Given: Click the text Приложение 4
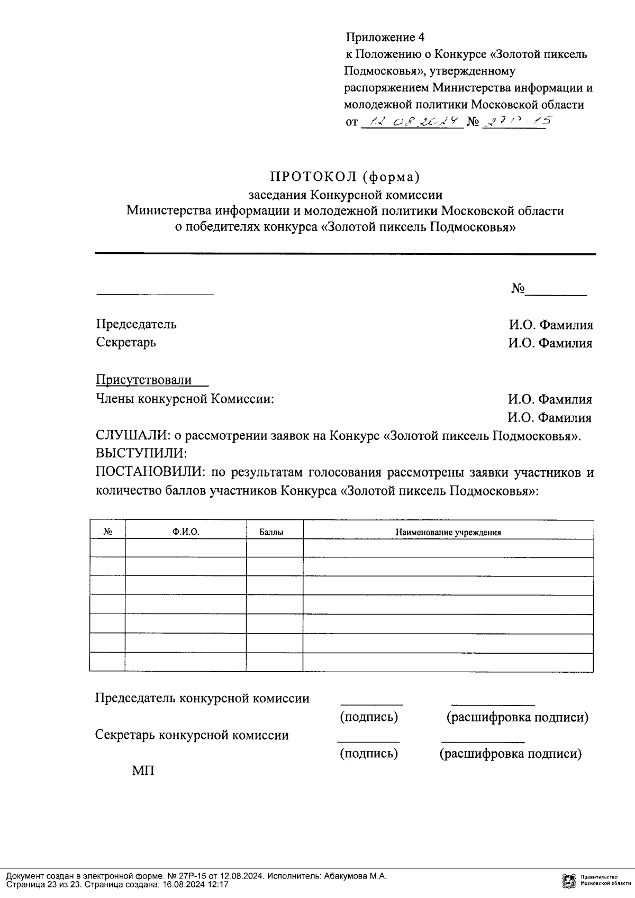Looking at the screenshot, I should (385, 37).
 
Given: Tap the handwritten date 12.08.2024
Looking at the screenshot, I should (411, 123).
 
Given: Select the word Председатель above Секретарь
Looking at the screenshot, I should (136, 324).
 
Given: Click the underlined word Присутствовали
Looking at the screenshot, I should (144, 380).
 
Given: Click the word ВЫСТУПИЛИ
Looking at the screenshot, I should (141, 454).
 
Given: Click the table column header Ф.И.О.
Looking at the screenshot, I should (186, 533).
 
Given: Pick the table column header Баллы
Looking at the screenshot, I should (271, 533).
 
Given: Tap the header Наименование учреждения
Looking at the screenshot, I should (448, 533).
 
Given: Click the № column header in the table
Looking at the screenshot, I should (107, 533).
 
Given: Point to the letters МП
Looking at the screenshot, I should (143, 771).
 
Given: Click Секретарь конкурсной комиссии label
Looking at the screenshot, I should (192, 735).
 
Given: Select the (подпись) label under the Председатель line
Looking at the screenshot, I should (369, 717).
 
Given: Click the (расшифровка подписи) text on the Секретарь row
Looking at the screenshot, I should (510, 754).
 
